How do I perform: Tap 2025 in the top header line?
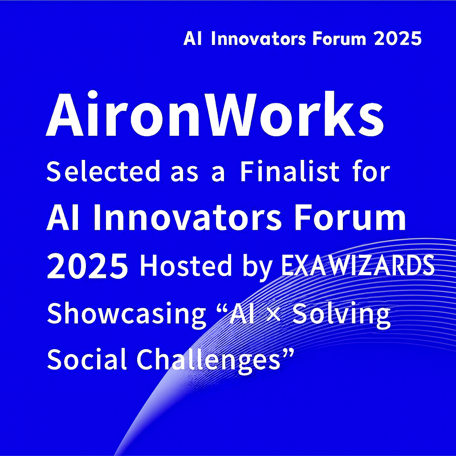pos(397,39)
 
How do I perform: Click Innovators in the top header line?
pos(258,39)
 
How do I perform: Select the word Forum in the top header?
pos(339,39)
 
